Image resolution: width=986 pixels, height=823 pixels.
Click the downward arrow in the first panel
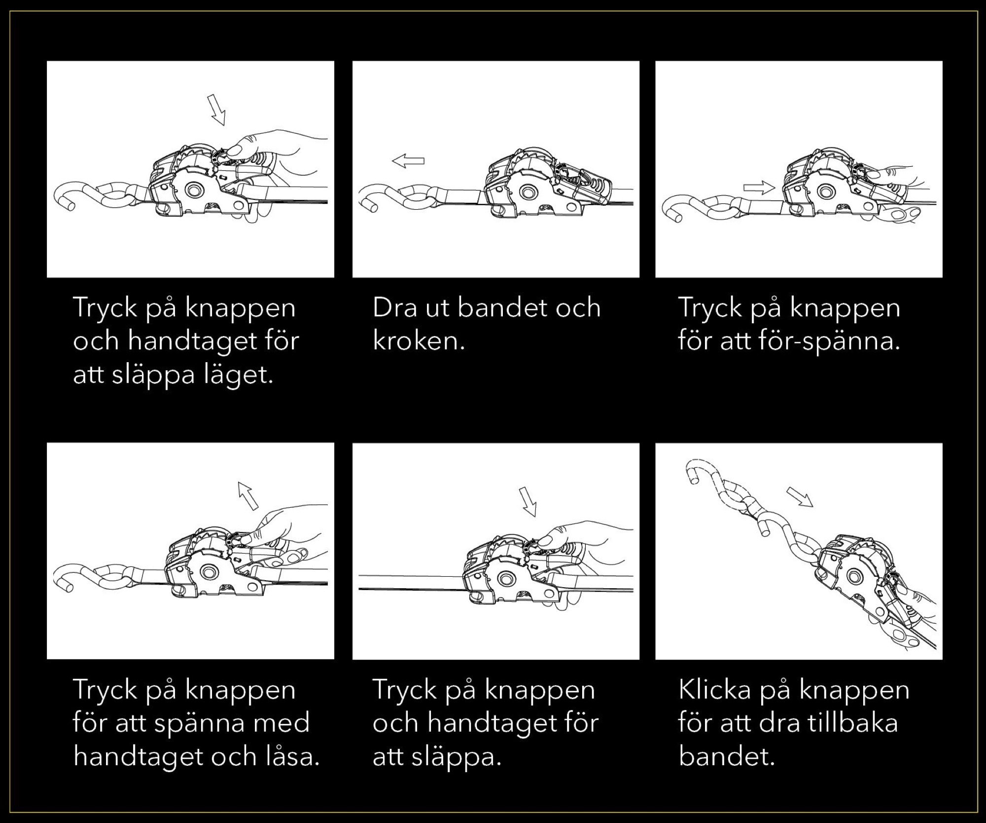click(x=216, y=110)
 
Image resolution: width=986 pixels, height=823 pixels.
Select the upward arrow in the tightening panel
click(x=248, y=495)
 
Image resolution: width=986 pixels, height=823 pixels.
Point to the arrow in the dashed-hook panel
click(x=799, y=497)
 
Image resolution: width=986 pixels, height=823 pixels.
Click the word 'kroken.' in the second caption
click(x=419, y=341)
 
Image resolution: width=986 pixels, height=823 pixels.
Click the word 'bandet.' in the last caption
click(x=727, y=756)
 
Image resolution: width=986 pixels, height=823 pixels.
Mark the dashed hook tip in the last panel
click(x=692, y=477)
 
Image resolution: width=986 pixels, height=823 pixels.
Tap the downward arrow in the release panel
click(x=528, y=501)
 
